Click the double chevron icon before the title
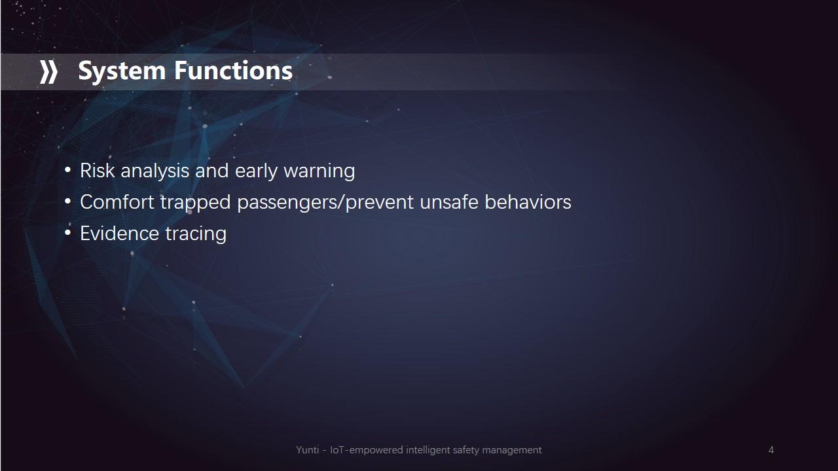point(49,72)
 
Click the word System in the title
point(122,71)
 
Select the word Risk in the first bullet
point(98,171)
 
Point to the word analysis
point(155,171)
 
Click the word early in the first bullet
point(256,172)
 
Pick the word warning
point(319,172)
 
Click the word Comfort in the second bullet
point(117,202)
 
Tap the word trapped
point(196,203)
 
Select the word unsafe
point(449,202)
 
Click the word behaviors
point(528,202)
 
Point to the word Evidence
point(120,234)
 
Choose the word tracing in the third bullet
point(196,235)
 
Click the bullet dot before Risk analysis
point(67,171)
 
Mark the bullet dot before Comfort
point(67,202)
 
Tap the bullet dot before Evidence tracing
point(67,234)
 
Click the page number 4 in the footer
point(771,449)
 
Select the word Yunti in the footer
point(308,449)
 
